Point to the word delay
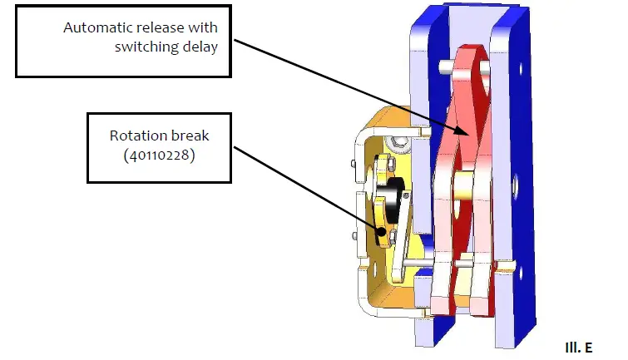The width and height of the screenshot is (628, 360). [x=200, y=47]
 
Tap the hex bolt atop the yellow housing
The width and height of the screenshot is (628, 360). [x=401, y=145]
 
